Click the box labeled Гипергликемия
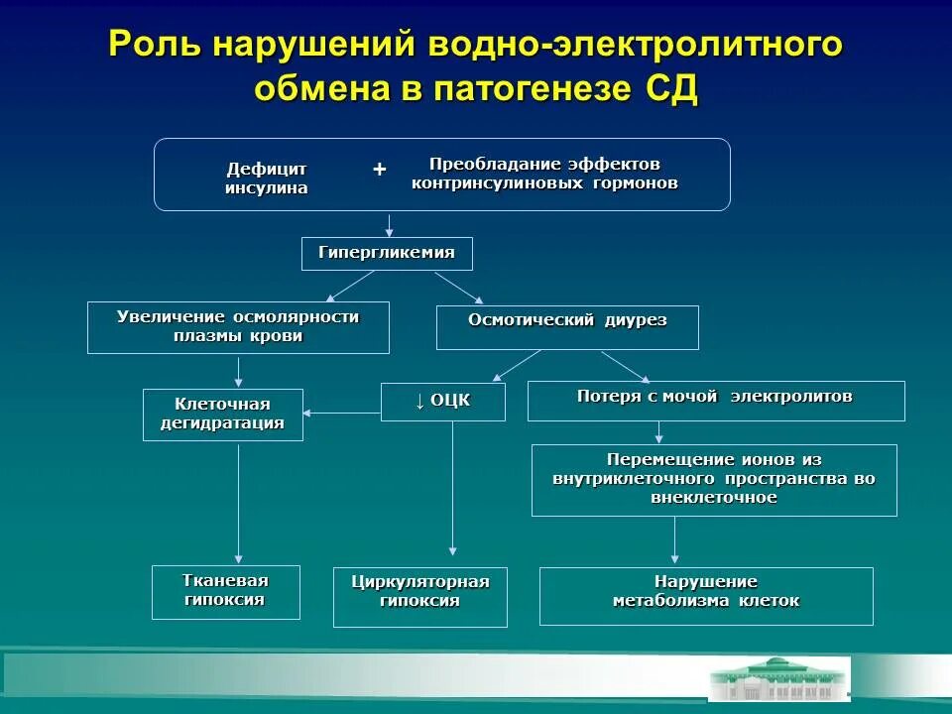click(387, 254)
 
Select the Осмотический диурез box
click(567, 327)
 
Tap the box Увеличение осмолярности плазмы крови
click(238, 327)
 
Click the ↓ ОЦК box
click(442, 402)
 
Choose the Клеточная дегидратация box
click(222, 415)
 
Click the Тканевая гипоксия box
click(225, 591)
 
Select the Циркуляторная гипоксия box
click(419, 597)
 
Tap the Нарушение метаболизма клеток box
click(706, 596)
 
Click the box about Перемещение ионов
click(714, 480)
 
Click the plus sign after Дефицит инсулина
click(379, 170)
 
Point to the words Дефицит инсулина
click(267, 178)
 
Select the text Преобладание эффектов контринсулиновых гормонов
click(544, 174)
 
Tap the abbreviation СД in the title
click(671, 88)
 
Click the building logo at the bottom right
click(778, 679)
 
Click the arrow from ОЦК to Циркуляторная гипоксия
click(453, 486)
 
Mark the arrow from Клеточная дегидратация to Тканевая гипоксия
click(238, 501)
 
